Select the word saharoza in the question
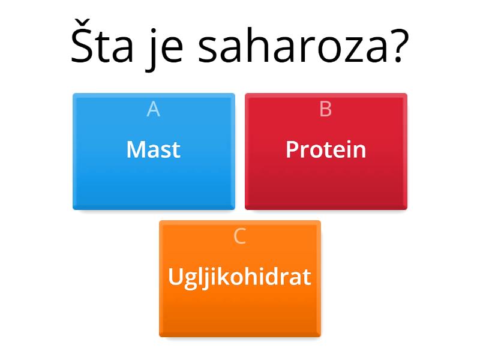tap(289, 48)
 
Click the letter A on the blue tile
tap(154, 109)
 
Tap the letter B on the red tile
tap(326, 109)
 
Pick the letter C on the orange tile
tap(239, 236)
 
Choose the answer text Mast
tap(154, 149)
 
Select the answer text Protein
tap(326, 149)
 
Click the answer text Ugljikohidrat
tap(239, 277)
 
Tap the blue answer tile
tap(154, 180)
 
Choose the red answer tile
tap(326, 180)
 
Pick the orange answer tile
tap(239, 309)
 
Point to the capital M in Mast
tap(135, 149)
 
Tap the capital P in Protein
tap(292, 149)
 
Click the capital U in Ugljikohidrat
tap(175, 277)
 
